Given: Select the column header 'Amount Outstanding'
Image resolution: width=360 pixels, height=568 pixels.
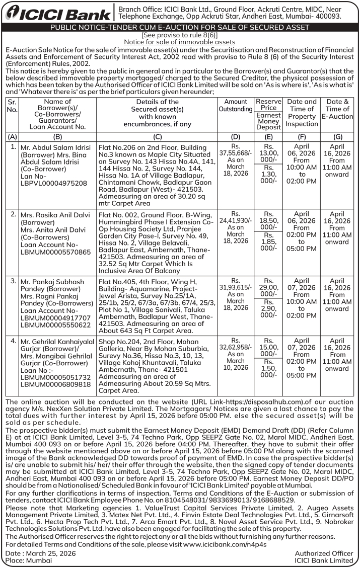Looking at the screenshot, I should pos(236,105).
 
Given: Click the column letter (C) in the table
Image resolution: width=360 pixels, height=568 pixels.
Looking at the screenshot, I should pos(157,136).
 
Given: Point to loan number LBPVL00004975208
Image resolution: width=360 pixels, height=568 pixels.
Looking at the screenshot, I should pos(53,183).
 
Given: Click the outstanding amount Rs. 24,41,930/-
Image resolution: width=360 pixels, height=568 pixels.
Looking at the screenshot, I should pos(236,220).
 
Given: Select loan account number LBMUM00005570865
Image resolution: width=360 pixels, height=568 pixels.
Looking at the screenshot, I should pos(55,252).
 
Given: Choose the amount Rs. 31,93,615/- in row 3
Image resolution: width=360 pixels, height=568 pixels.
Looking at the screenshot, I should pos(236,287).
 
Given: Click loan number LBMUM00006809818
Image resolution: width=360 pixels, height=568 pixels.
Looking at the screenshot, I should pos(55,384).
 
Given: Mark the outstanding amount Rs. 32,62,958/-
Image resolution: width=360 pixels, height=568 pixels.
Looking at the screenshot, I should pos(236,347).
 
